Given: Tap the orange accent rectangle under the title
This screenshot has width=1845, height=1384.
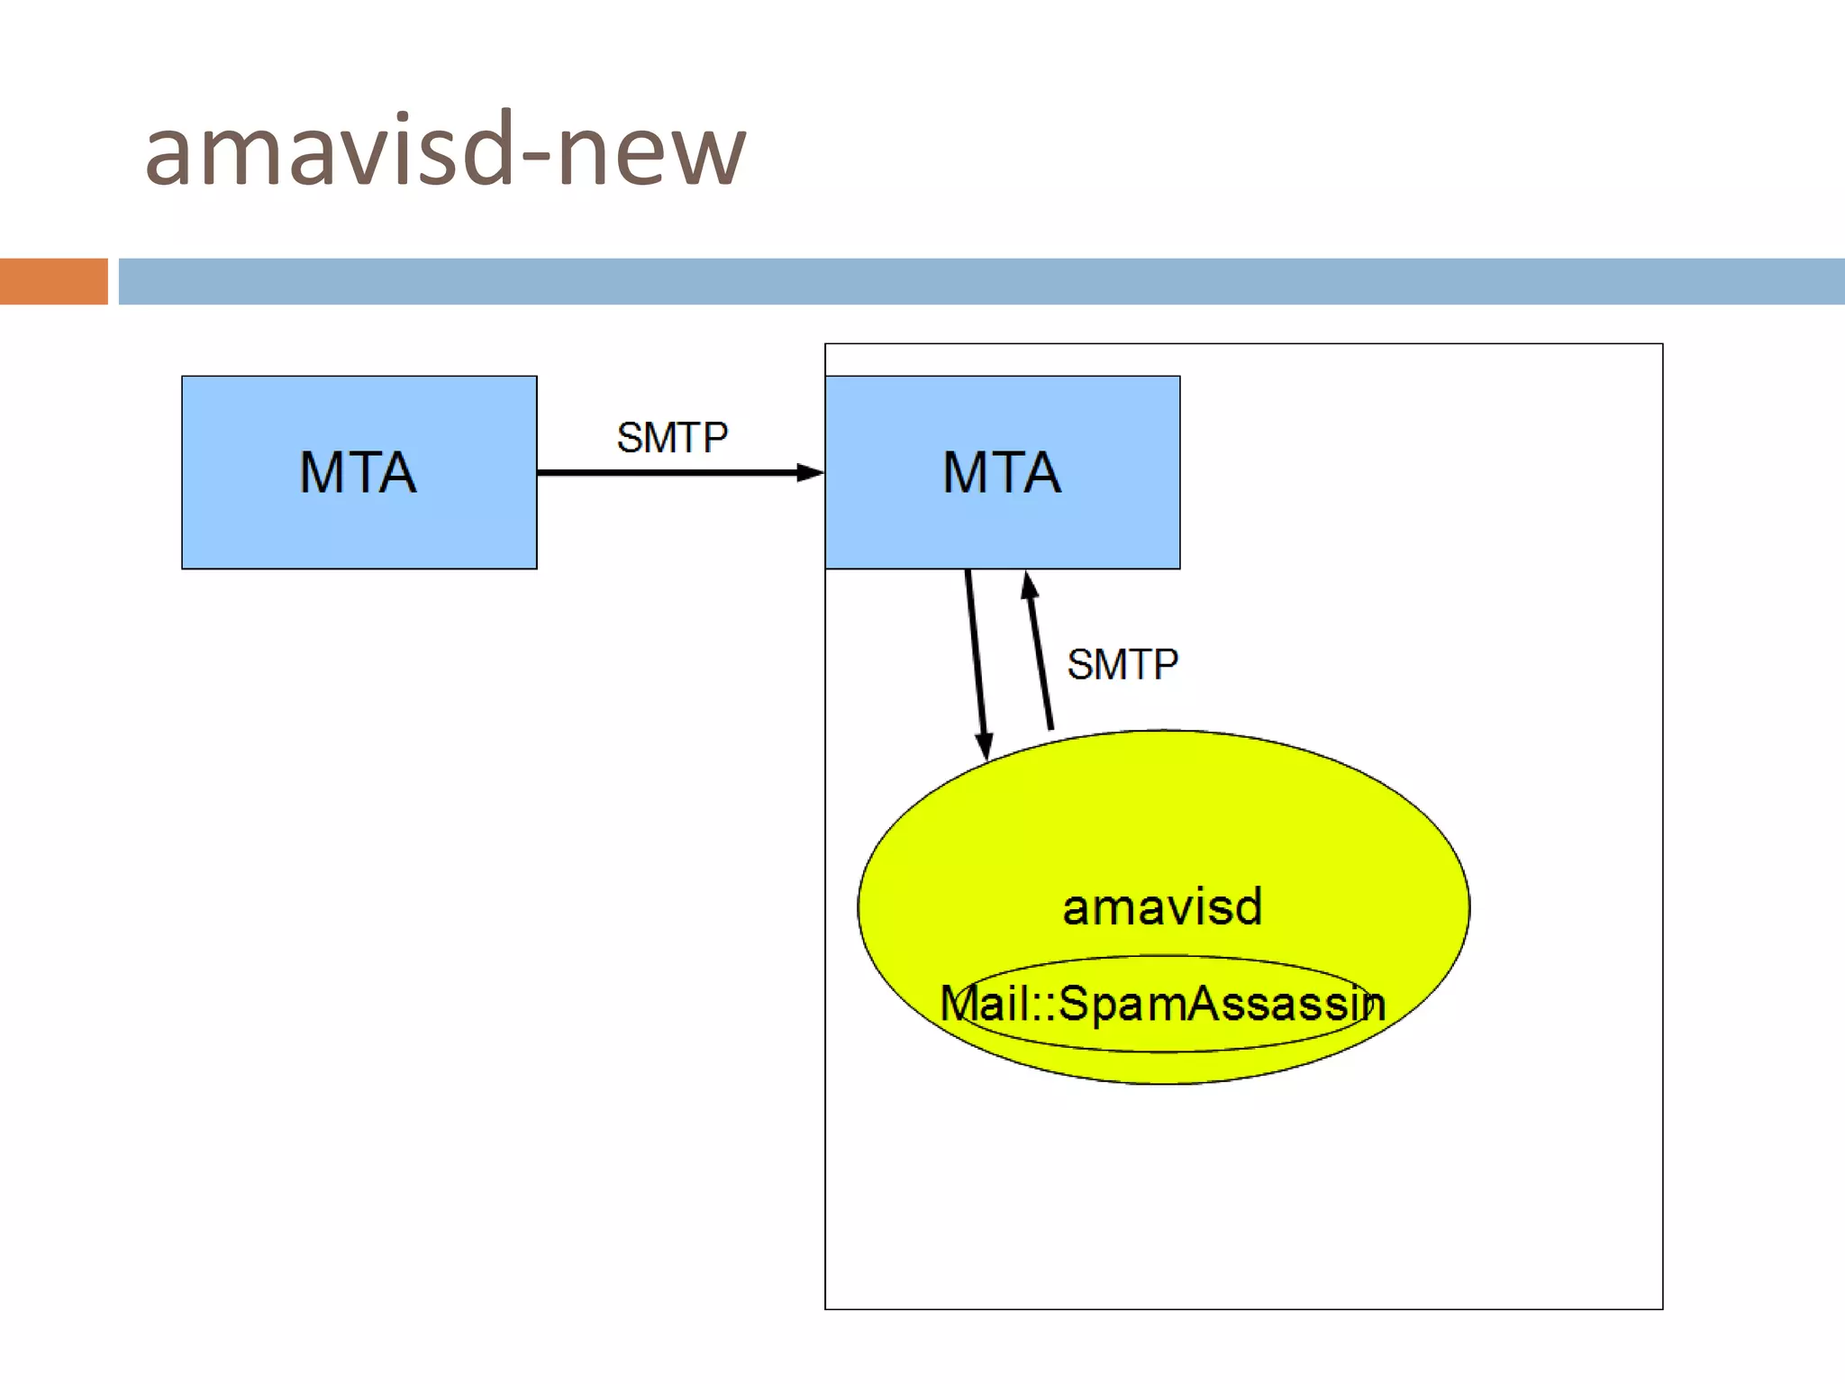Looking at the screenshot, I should [53, 281].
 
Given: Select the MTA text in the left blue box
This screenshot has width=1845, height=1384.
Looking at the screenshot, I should [358, 472].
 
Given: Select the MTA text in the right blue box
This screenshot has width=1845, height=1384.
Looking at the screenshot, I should [1001, 472].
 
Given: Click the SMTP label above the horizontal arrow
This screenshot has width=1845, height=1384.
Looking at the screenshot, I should [672, 438].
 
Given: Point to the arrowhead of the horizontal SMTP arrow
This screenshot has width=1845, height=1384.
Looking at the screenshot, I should [810, 472].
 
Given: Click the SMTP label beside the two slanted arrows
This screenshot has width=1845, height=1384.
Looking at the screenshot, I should [1122, 665].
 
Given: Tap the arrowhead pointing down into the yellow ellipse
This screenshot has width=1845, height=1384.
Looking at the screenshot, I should [984, 746].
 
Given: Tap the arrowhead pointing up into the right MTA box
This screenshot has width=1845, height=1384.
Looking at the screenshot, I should [1029, 586].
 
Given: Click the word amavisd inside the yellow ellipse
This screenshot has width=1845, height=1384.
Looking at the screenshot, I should [1162, 906].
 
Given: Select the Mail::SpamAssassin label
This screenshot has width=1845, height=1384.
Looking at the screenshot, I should [1162, 1004].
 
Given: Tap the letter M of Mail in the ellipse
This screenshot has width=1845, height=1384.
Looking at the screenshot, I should [959, 1004].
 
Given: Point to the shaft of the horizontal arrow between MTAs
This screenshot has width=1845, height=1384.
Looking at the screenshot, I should [667, 472].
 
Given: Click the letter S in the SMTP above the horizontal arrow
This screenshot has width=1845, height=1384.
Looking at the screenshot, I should [630, 438].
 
